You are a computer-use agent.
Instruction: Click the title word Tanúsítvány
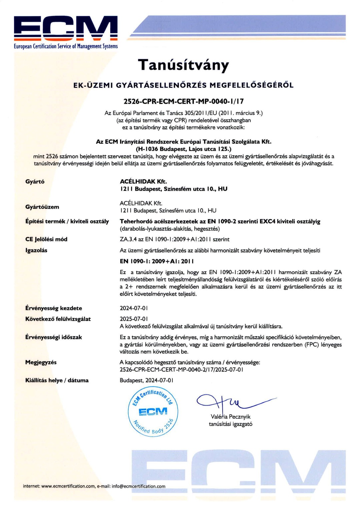(x=183, y=65)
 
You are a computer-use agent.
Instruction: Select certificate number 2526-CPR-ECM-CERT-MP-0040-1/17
(x=184, y=101)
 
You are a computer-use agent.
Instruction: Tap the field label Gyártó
(x=35, y=181)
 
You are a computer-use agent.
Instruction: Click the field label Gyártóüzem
(x=42, y=207)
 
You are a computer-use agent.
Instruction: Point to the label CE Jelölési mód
(x=46, y=239)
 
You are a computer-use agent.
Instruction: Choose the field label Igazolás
(x=36, y=250)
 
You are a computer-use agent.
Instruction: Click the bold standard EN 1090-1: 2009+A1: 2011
(x=157, y=261)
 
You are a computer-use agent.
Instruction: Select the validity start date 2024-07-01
(x=134, y=308)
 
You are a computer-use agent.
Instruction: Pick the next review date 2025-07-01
(x=134, y=319)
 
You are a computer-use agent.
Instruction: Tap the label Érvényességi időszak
(x=54, y=337)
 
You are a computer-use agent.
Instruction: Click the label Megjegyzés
(x=41, y=362)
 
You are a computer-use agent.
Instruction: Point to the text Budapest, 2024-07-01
(x=147, y=380)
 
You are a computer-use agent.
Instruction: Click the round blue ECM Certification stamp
(x=153, y=412)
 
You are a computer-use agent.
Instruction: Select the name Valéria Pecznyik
(x=231, y=417)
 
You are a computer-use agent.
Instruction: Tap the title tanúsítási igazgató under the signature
(x=231, y=424)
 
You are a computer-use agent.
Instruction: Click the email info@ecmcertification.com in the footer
(x=139, y=486)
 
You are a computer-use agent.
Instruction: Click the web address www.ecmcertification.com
(x=68, y=486)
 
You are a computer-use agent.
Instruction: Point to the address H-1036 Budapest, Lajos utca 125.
(x=184, y=149)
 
